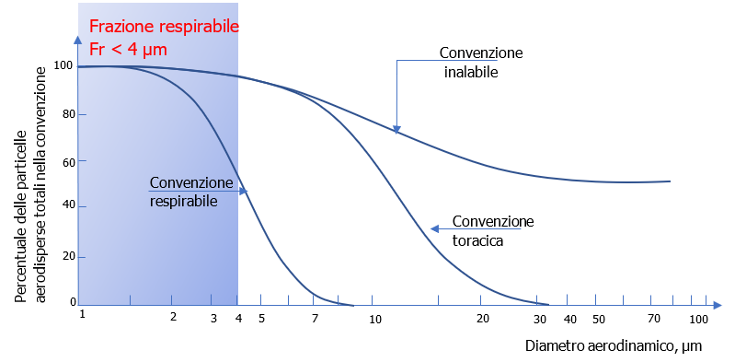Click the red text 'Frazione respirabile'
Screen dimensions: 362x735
pyautogui.click(x=164, y=27)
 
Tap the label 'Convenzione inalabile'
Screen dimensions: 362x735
pyautogui.click(x=480, y=61)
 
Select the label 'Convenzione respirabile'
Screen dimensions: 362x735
pyautogui.click(x=190, y=191)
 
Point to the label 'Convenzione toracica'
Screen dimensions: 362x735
pyautogui.click(x=492, y=230)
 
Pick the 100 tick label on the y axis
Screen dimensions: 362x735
pyautogui.click(x=63, y=65)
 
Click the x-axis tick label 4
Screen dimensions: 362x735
pyautogui.click(x=238, y=318)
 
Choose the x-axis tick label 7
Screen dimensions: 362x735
pyautogui.click(x=315, y=318)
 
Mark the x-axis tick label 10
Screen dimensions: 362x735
pyautogui.click(x=374, y=319)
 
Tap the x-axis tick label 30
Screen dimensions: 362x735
pyautogui.click(x=539, y=318)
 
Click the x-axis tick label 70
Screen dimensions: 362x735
pyautogui.click(x=654, y=318)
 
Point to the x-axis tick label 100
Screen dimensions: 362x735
pyautogui.click(x=698, y=318)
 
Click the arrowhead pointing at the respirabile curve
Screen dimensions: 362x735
pyautogui.click(x=244, y=191)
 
